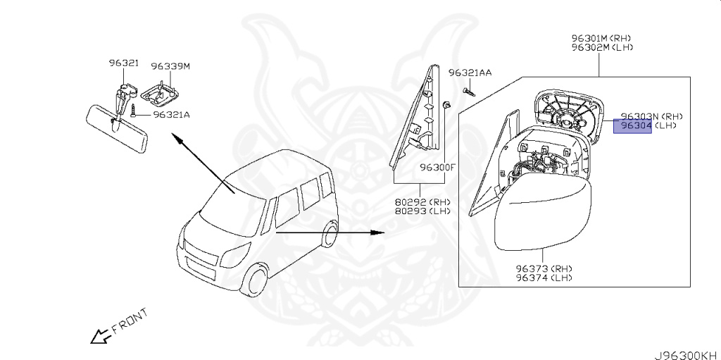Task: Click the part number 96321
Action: tap(123, 63)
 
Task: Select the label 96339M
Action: tap(170, 66)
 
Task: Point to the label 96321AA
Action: tap(470, 73)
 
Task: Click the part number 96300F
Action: tap(438, 168)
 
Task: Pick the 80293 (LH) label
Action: tap(421, 211)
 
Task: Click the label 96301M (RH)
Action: tap(601, 38)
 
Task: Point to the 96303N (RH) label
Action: tap(651, 116)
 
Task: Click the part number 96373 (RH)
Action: tap(542, 268)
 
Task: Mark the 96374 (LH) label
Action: tap(542, 278)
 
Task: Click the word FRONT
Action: tap(130, 320)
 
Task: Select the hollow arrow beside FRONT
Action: tap(98, 337)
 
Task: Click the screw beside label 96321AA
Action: tap(468, 91)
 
